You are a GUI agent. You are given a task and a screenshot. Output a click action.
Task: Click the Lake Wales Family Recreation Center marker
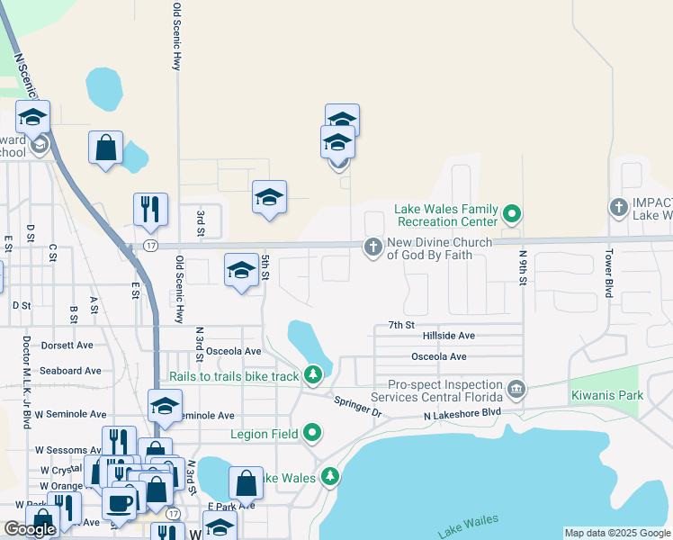512,214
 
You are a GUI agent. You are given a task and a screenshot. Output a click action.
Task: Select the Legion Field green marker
312,434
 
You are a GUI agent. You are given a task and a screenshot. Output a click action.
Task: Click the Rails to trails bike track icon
312,373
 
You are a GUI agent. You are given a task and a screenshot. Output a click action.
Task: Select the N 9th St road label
522,267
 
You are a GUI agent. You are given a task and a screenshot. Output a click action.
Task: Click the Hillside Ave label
448,336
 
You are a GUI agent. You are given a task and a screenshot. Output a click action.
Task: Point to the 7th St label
400,324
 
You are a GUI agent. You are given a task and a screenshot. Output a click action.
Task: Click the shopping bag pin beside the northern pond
105,148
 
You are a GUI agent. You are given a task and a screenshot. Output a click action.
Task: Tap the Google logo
30,529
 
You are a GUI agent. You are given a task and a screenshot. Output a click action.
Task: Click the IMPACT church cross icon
618,208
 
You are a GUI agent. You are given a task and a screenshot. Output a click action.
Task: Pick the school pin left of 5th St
241,271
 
